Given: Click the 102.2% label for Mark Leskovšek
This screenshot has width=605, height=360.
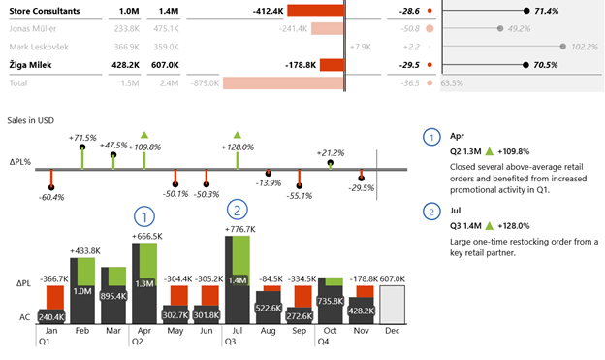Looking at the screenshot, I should coord(585,47).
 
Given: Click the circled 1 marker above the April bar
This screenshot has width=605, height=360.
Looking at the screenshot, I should coord(144,215).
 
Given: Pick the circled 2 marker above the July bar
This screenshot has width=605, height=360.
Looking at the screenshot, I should coord(237,209).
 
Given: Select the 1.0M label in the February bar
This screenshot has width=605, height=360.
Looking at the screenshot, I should coord(81,290).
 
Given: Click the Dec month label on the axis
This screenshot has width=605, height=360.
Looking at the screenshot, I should coord(392,331).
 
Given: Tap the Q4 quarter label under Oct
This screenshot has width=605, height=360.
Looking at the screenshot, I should coord(324,342).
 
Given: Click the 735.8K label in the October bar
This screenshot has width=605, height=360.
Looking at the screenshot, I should coord(331,302).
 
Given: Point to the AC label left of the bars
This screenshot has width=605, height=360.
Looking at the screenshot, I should coord(23,317).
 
